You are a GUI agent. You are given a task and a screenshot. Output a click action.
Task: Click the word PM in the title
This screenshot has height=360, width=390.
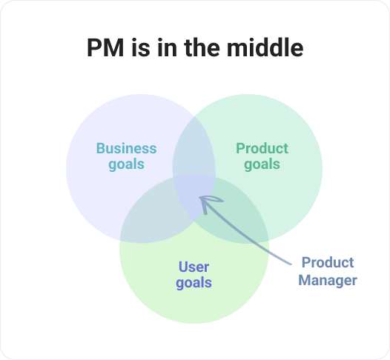(x=105, y=47)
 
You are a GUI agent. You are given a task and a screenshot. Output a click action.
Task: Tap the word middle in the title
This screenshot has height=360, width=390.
(x=265, y=47)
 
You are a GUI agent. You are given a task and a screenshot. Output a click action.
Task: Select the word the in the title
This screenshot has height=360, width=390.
(x=202, y=47)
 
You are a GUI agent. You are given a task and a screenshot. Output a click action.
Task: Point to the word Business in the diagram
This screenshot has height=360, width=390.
(x=126, y=148)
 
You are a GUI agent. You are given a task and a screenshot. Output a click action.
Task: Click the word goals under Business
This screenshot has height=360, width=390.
(x=126, y=164)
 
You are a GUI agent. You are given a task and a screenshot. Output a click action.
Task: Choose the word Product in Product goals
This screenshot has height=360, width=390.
(x=262, y=148)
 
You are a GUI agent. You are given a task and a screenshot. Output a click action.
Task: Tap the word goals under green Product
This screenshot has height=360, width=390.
(x=262, y=164)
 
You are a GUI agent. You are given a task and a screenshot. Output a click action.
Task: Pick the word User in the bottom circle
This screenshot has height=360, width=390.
(x=194, y=267)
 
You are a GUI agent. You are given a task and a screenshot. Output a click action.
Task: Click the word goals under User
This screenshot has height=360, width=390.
(x=194, y=283)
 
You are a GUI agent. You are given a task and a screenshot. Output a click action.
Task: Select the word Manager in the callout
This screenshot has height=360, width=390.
(x=328, y=281)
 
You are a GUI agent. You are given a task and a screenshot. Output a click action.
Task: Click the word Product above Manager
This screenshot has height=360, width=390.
(x=328, y=262)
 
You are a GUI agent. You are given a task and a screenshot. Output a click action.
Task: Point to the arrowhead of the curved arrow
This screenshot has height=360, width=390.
(x=199, y=197)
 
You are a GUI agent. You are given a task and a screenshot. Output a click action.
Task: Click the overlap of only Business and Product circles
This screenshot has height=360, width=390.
(x=194, y=149)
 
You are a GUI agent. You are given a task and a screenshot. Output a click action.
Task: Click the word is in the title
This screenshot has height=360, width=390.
(x=141, y=47)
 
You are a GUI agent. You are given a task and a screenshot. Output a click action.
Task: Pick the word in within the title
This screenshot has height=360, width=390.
(x=167, y=47)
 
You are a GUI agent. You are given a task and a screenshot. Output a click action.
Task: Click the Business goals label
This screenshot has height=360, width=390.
(x=126, y=156)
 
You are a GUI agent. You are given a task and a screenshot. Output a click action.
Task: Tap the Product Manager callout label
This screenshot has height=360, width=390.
(x=328, y=272)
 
